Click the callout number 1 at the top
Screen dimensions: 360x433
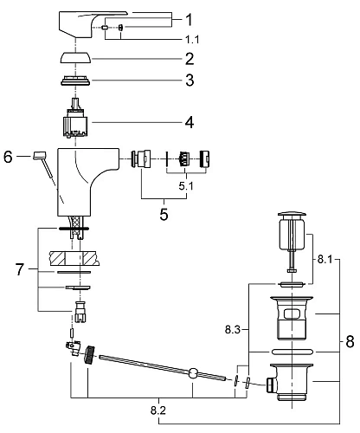(189, 20)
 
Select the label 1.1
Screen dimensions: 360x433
(192, 40)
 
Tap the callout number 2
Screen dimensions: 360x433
(190, 59)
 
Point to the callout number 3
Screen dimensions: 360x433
(190, 81)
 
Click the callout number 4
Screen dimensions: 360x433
(190, 122)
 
